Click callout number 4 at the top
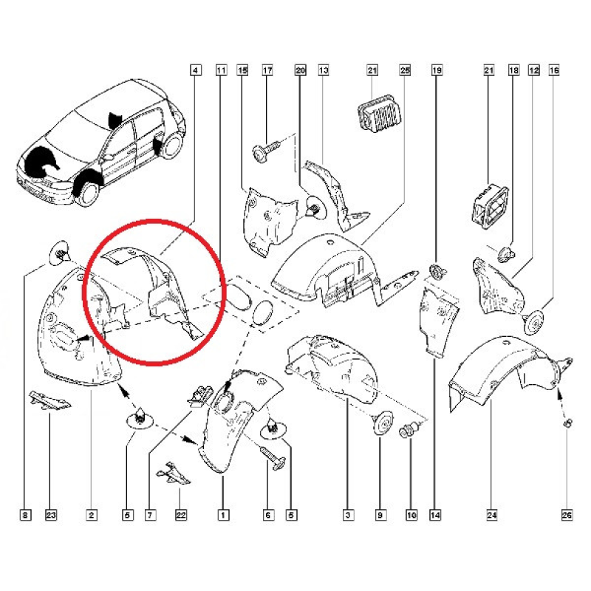click(195, 70)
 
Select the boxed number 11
click(221, 70)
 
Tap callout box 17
click(267, 70)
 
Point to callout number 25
click(405, 70)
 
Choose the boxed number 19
click(437, 70)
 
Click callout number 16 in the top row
click(554, 70)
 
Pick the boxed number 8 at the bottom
click(25, 515)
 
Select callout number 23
click(51, 515)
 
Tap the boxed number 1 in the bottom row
click(223, 515)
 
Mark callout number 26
click(567, 515)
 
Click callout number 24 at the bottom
click(492, 515)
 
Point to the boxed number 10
click(411, 515)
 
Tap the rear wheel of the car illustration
click(173, 143)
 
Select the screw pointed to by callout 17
click(267, 150)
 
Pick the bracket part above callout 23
click(50, 400)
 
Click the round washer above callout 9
click(381, 423)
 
